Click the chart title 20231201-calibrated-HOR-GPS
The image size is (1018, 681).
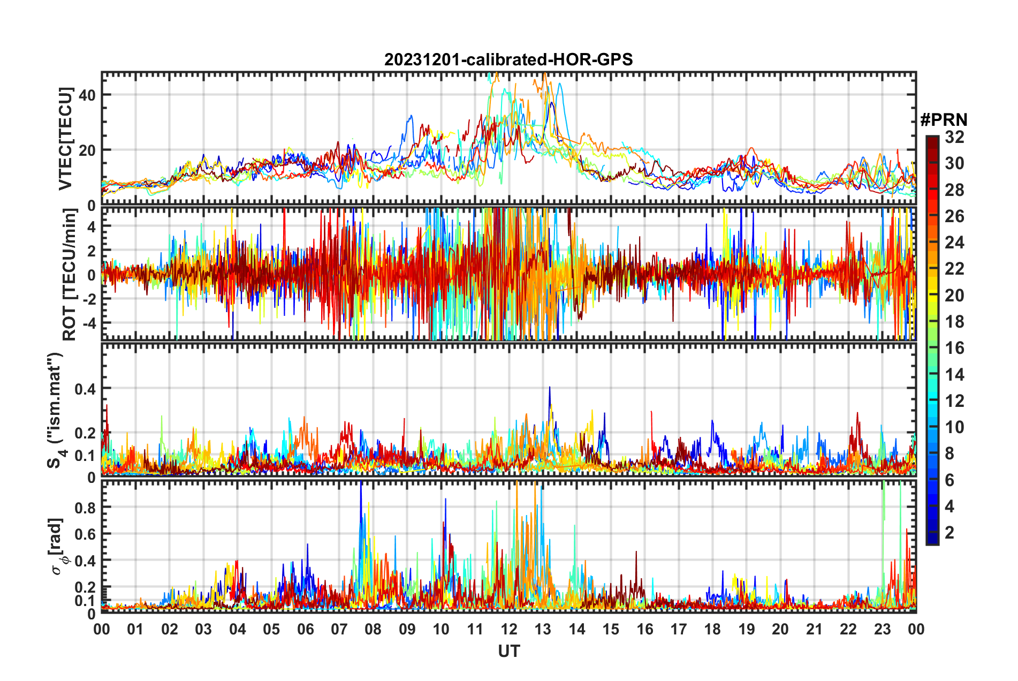tap(508, 59)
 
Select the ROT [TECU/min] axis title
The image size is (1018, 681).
tap(70, 274)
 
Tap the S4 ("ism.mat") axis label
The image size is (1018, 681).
tap(55, 410)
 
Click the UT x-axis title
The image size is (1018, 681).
tap(508, 651)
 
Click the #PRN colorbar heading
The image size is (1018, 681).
tap(944, 120)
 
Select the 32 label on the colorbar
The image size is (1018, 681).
tap(954, 137)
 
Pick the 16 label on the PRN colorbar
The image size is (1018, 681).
tap(954, 348)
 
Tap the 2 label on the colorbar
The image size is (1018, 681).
tap(950, 533)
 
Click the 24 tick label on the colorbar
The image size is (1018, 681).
tap(954, 243)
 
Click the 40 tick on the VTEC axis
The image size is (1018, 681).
tap(87, 95)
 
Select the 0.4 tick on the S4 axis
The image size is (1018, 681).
tap(85, 389)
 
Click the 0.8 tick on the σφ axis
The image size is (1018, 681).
tap(85, 508)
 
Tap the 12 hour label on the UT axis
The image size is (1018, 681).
tap(509, 629)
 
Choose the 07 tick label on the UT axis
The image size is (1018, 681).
tap(339, 629)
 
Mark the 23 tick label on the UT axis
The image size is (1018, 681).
tap(882, 629)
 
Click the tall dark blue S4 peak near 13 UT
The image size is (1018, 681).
tap(549, 389)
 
